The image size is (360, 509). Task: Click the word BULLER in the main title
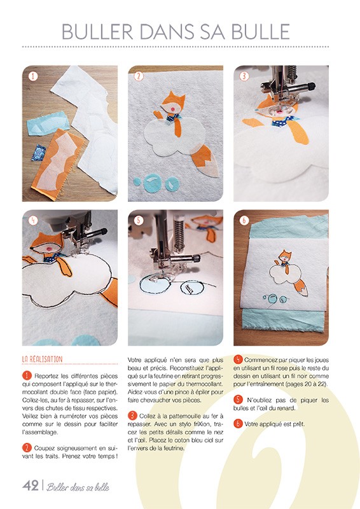[97, 32]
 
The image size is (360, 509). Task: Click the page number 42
[31, 485]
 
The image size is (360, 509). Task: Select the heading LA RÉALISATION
[42, 359]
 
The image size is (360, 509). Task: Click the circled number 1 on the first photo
[33, 76]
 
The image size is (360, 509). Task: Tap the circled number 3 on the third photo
[244, 76]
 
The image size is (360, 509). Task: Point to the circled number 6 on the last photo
[244, 221]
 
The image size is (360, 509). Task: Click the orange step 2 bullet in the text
[27, 448]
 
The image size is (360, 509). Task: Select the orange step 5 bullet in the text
[238, 400]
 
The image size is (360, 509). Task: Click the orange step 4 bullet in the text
[238, 359]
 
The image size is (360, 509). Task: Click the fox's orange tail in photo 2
[205, 160]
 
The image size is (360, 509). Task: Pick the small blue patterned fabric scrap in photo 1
[39, 153]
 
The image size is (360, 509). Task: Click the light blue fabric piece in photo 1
[48, 123]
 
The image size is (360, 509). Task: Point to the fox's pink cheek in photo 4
[50, 249]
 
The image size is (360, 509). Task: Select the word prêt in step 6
[298, 424]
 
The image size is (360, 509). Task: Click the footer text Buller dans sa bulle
[78, 487]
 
